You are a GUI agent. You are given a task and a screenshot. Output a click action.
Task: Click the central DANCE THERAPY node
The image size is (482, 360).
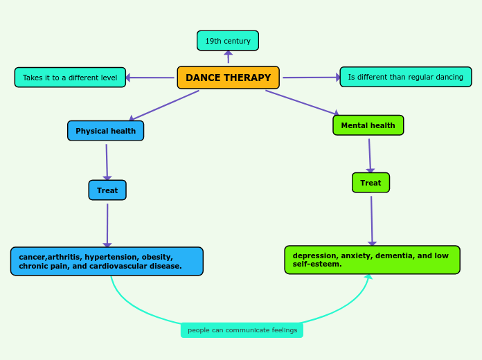[228, 78]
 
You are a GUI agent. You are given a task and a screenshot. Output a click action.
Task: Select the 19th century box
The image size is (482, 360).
[228, 41]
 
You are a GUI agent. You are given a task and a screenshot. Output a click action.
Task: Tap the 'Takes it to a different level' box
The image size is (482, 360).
[70, 78]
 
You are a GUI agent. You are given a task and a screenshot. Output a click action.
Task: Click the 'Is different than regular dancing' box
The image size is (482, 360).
[405, 77]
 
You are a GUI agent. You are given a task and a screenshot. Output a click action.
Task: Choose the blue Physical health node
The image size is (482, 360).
[105, 131]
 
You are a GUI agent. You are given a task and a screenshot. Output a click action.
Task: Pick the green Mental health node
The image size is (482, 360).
[368, 125]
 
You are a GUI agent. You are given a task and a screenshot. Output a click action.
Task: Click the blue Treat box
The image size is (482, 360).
[107, 190]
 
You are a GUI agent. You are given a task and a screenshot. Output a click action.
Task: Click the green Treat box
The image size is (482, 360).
[371, 183]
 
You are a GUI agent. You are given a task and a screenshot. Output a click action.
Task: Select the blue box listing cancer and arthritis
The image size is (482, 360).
[107, 262]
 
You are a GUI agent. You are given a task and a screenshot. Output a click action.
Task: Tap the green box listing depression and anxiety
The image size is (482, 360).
[372, 260]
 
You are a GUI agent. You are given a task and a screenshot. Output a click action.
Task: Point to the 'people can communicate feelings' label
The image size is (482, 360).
[242, 330]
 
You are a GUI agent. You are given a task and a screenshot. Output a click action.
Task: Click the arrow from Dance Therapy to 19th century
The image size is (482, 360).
[228, 57]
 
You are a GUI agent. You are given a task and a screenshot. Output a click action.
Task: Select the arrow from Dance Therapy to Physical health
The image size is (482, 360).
[165, 105]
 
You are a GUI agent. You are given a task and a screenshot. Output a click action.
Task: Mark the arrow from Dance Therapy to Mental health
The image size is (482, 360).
[302, 102]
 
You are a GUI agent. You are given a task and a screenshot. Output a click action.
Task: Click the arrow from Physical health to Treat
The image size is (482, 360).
[107, 161]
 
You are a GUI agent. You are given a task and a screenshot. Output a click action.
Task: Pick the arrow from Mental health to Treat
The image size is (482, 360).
[370, 154]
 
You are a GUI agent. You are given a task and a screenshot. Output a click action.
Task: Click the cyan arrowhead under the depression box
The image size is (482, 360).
[368, 276]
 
